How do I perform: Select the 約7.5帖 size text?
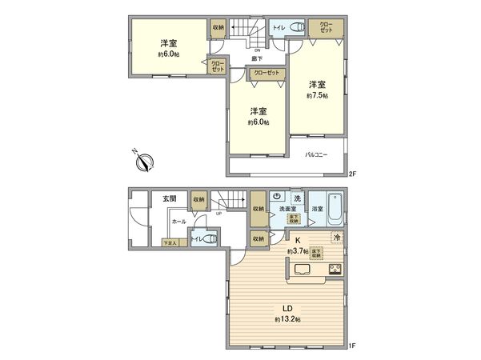pyautogui.click(x=316, y=96)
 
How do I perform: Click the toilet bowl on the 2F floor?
pyautogui.click(x=297, y=28)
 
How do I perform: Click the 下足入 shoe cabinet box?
pyautogui.click(x=170, y=242)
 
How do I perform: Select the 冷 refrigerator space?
pyautogui.click(x=339, y=238)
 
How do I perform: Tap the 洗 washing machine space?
pyautogui.click(x=296, y=198)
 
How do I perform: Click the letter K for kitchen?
pyautogui.click(x=296, y=239)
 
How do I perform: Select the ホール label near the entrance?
pyautogui.click(x=179, y=222)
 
